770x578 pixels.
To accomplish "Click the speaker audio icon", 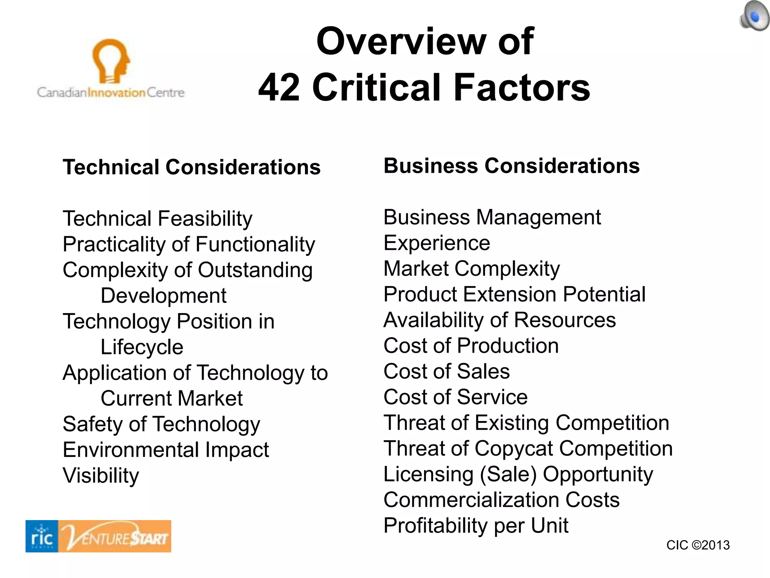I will (x=754, y=16).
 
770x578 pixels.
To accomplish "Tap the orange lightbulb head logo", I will (x=111, y=60).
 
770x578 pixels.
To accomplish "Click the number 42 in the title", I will (x=279, y=87).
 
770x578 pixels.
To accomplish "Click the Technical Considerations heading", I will (x=191, y=167).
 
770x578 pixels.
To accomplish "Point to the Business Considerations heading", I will (x=511, y=166).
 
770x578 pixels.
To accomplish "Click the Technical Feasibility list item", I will (x=158, y=219).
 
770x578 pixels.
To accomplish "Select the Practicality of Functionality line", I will (x=189, y=244).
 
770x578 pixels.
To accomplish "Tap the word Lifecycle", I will (x=142, y=347).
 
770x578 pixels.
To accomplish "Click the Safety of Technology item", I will (x=161, y=424).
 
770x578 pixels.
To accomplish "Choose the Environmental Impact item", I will (x=166, y=450).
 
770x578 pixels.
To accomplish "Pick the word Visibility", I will (x=101, y=476).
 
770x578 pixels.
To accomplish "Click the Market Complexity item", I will (x=471, y=269).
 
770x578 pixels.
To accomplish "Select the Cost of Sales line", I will (x=446, y=371).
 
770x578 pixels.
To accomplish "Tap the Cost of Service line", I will (x=455, y=397).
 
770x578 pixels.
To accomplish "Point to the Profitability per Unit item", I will (x=476, y=525).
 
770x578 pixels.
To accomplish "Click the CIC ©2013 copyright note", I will (x=698, y=545).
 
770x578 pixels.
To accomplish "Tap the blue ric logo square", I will (x=42, y=536).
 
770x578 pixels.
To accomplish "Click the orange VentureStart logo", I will (x=115, y=536).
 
